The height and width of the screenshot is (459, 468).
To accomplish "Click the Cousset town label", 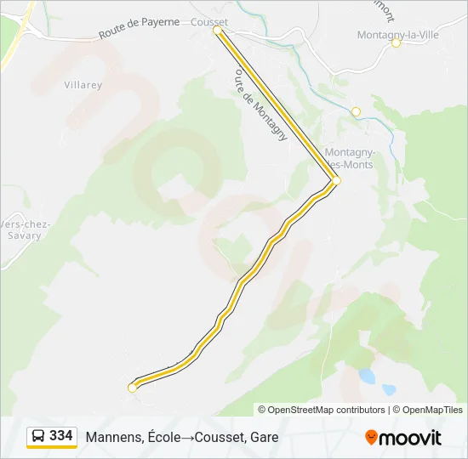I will [x=210, y=22].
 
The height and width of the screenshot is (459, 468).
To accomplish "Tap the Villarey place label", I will [x=83, y=85].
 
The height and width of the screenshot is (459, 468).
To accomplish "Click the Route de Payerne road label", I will [x=139, y=28].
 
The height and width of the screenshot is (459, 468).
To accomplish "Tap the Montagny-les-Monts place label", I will [x=349, y=159].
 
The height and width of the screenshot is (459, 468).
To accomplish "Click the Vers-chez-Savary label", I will [x=23, y=229].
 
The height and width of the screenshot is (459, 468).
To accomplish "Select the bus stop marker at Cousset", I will [x=217, y=31].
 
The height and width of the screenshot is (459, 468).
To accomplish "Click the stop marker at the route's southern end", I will [x=132, y=388].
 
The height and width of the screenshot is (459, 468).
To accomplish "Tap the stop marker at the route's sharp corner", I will [x=336, y=181].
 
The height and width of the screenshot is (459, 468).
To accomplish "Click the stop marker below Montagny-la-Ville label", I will [x=396, y=43].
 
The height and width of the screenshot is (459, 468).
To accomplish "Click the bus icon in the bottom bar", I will [x=38, y=436].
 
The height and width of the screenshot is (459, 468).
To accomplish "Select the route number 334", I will [x=61, y=436].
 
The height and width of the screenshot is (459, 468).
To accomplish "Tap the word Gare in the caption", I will [x=264, y=438].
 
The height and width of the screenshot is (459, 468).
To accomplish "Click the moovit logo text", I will [x=410, y=438].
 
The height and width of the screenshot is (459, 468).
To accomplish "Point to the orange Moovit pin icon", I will [x=371, y=438].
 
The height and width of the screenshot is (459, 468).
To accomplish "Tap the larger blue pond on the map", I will [x=368, y=375].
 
